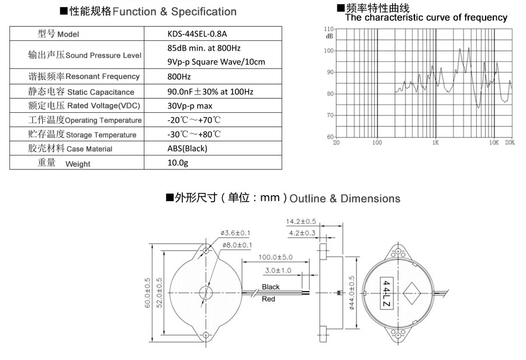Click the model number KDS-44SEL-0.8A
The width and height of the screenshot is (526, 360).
(x=197, y=34)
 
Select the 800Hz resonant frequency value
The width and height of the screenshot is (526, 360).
(x=179, y=77)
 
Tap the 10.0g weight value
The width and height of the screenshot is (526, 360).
(x=178, y=162)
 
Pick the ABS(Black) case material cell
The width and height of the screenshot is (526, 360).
(x=187, y=148)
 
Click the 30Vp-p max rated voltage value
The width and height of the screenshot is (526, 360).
(x=189, y=106)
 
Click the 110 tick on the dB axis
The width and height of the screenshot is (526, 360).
(x=328, y=29)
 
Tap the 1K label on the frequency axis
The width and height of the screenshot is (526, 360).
(x=435, y=143)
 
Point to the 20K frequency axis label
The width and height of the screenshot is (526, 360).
(x=510, y=143)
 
